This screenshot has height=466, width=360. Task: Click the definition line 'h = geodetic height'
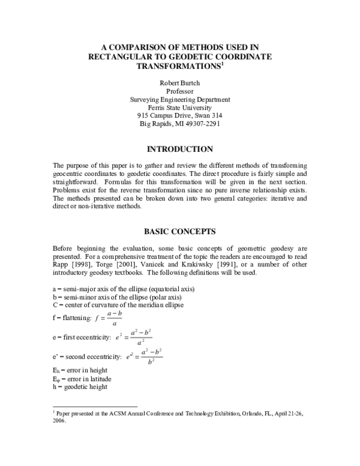80,387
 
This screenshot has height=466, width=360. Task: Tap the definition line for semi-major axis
124,289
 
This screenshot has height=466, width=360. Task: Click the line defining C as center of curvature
118,305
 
